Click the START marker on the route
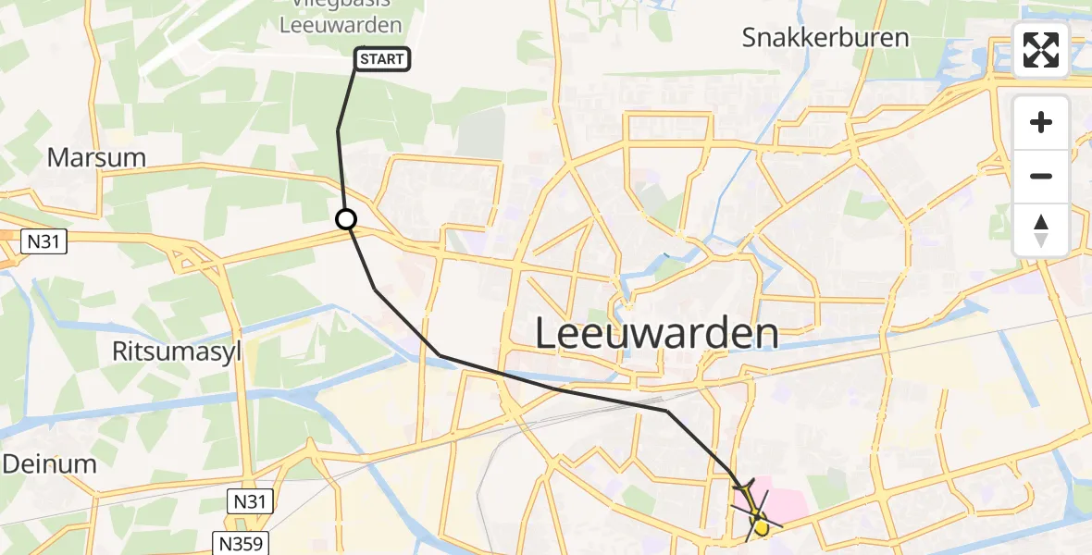(x=381, y=60)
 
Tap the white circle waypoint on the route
(x=345, y=219)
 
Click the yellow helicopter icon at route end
(x=759, y=524)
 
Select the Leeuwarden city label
(x=657, y=334)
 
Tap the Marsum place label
(x=96, y=157)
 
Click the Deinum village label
(x=48, y=464)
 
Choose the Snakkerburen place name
(x=825, y=38)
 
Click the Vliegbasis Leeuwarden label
(x=341, y=20)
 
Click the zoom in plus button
(x=1041, y=122)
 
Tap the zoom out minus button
(x=1041, y=176)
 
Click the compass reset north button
(x=1041, y=229)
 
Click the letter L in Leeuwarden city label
(x=547, y=334)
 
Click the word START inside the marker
(x=382, y=60)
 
